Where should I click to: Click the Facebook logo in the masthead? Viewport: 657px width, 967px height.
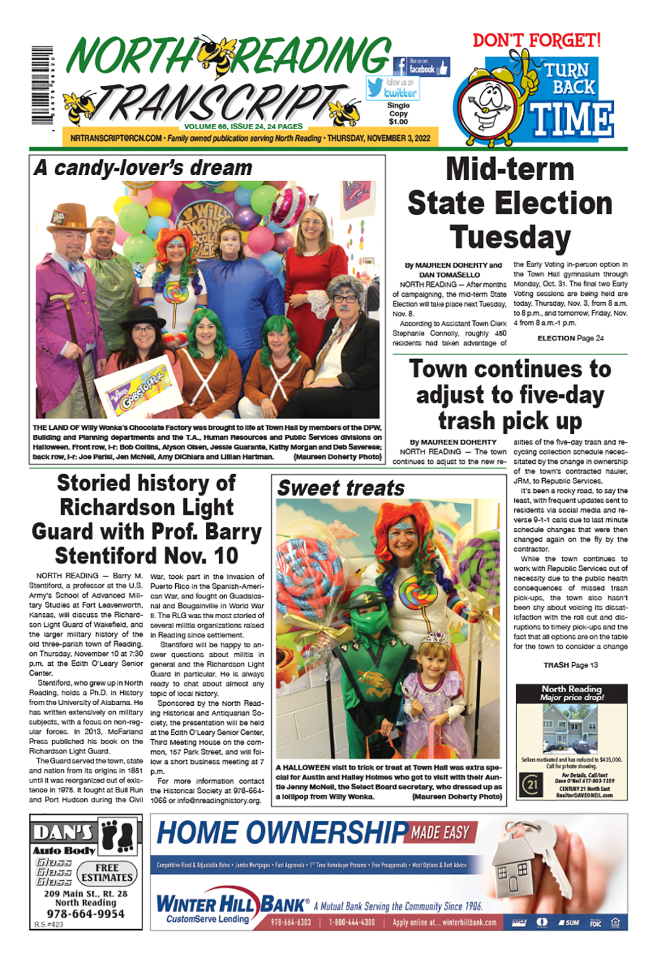pyautogui.click(x=400, y=67)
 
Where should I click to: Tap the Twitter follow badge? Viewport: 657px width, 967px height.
pyautogui.click(x=393, y=88)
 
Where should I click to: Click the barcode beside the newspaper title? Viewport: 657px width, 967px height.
pyautogui.click(x=42, y=87)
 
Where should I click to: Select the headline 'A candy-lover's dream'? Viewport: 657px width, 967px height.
pyautogui.click(x=143, y=168)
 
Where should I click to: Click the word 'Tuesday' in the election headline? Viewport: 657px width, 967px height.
pyautogui.click(x=510, y=238)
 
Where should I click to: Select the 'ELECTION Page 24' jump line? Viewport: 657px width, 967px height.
pyautogui.click(x=570, y=338)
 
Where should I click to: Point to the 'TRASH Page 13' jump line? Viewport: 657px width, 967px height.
pyautogui.click(x=570, y=665)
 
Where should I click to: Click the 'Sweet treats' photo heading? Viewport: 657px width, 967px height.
pyautogui.click(x=341, y=488)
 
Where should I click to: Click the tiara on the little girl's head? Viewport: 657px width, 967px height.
pyautogui.click(x=435, y=638)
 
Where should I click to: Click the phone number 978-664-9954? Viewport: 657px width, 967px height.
pyautogui.click(x=85, y=913)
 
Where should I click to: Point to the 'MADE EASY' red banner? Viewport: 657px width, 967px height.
pyautogui.click(x=441, y=833)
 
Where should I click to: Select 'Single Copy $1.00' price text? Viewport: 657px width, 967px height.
pyautogui.click(x=398, y=113)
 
